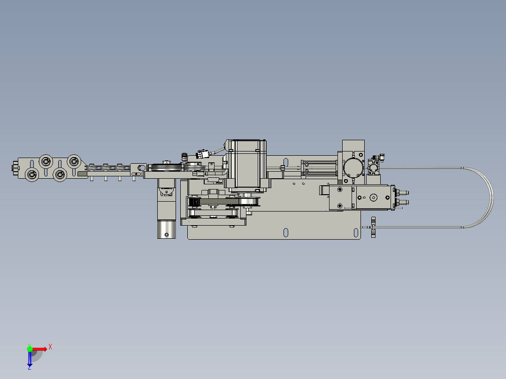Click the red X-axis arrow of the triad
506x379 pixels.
[40, 349]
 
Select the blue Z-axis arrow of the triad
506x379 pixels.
[30, 359]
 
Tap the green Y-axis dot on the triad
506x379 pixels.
[30, 349]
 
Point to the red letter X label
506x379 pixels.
[50, 347]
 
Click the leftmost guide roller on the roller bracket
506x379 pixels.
[32, 175]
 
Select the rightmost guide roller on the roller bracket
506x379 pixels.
[74, 162]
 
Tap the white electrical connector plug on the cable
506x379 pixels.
[203, 154]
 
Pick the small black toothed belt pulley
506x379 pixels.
[193, 203]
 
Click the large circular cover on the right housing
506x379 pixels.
[353, 167]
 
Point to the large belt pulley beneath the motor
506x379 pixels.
[248, 202]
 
